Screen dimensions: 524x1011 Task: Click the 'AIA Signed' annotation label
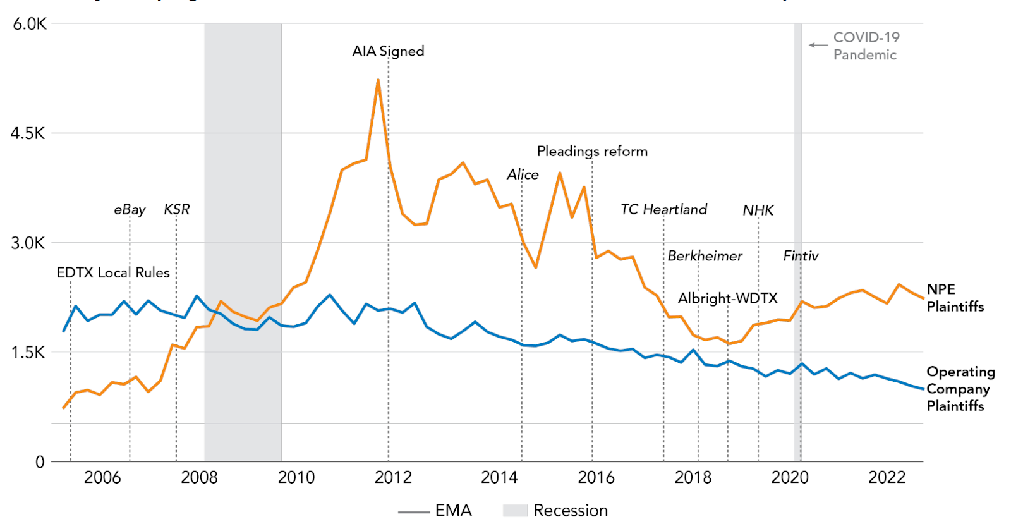point(388,51)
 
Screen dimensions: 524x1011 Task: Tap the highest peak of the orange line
point(378,80)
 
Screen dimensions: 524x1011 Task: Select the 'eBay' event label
point(130,209)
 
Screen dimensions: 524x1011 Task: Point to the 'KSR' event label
point(177,209)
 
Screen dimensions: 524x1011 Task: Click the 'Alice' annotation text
point(523,174)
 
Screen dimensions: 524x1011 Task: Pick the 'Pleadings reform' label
point(592,152)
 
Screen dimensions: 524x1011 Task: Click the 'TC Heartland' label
point(663,209)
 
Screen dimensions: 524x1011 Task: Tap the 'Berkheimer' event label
point(705,256)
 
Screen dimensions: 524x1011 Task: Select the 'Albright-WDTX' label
point(727,298)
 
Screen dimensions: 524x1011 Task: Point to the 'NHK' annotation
point(758,210)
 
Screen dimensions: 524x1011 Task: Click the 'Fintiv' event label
point(801,256)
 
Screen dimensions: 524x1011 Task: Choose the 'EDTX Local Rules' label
point(113,272)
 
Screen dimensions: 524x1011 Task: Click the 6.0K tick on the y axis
point(30,24)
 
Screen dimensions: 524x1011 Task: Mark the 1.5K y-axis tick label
point(28,353)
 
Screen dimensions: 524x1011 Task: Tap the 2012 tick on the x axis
point(393,477)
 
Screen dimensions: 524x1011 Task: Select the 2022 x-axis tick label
point(887,477)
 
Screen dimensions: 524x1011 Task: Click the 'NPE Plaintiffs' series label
point(955,298)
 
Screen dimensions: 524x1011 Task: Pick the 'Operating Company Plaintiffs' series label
point(960,389)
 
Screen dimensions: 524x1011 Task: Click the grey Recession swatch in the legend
point(515,510)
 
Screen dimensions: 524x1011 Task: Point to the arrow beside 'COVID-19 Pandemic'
point(818,45)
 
